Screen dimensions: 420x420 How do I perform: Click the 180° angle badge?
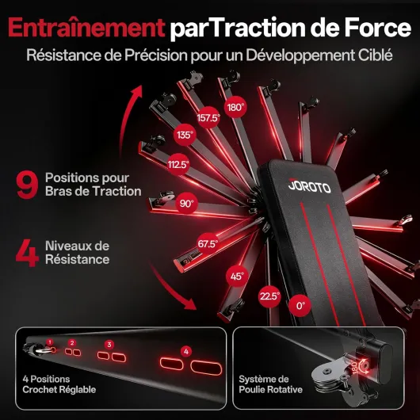235,107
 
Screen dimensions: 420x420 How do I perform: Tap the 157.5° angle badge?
208,117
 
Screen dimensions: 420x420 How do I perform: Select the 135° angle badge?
185,135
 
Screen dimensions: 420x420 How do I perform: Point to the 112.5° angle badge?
178,164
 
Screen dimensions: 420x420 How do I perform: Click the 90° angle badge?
187,204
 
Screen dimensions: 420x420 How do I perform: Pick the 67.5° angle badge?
208,244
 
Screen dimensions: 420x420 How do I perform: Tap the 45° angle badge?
237,276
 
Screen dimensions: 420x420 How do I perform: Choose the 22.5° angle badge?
269,296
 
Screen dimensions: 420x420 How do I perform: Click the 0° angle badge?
300,305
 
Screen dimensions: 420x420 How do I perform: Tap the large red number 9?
27,185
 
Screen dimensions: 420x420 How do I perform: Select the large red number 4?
27,253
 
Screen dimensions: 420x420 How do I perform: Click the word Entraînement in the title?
86,28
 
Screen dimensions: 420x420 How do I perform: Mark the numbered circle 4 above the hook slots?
186,351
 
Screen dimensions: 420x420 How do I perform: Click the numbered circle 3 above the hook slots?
109,345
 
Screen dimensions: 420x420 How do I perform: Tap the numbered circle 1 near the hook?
50,342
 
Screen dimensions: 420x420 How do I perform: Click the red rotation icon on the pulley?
364,366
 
